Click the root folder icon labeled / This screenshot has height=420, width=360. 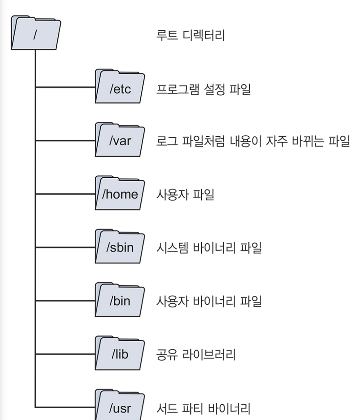[35, 34]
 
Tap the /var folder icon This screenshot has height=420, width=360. [120, 140]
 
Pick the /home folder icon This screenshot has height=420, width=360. [120, 194]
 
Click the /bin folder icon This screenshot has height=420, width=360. [120, 301]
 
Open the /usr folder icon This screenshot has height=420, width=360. [120, 407]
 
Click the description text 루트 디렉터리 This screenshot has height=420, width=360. [190, 35]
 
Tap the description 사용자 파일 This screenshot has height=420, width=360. [185, 195]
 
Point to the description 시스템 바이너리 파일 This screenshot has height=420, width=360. [209, 248]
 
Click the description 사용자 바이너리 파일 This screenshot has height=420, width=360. [209, 302]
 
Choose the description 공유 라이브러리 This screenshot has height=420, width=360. [196, 355]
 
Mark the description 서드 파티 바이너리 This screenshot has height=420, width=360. [203, 408]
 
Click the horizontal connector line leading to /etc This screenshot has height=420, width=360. [65, 88]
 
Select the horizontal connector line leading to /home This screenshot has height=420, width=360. [65, 194]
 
